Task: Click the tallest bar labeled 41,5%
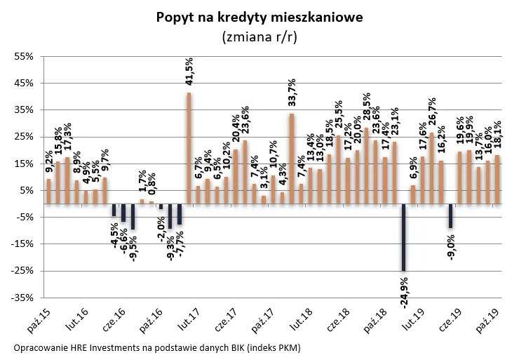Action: pos(189,148)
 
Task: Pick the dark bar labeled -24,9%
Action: pos(403,237)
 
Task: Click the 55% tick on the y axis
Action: pos(25,56)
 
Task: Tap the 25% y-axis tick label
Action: pos(25,137)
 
